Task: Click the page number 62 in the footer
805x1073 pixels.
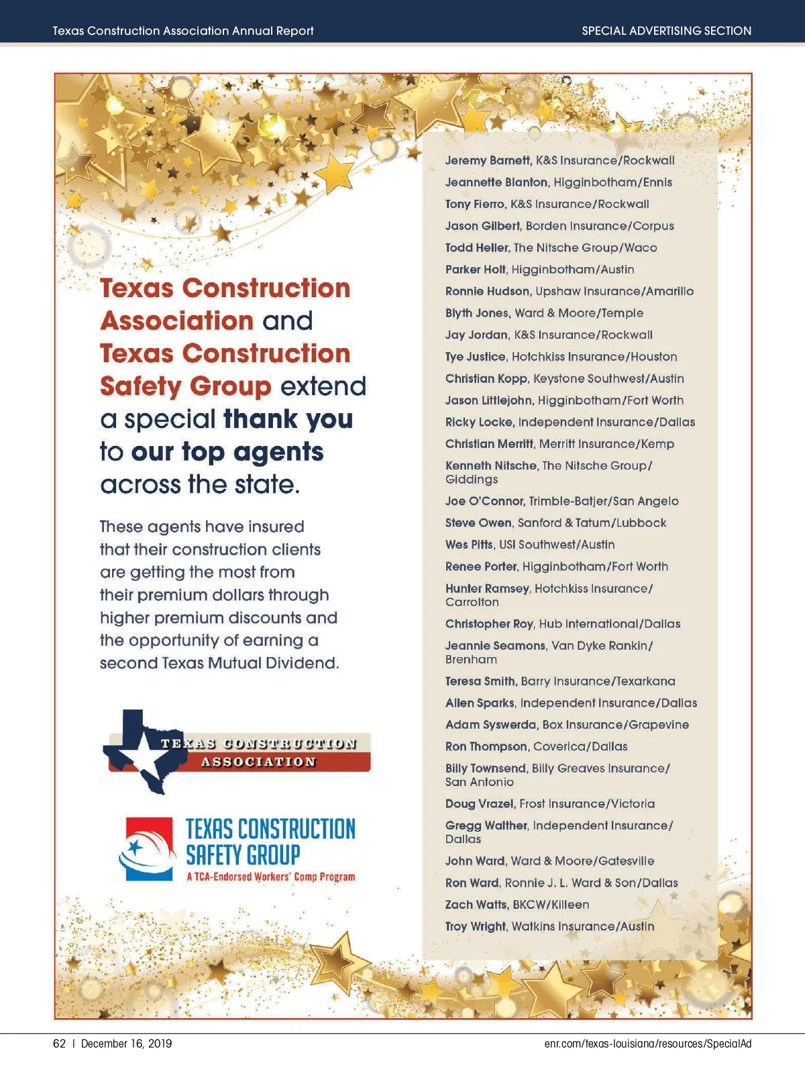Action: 59,1043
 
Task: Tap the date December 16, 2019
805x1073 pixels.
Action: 126,1043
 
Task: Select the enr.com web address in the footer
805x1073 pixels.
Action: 647,1043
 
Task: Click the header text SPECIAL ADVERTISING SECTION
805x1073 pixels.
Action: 666,31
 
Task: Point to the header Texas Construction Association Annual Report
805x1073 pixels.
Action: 183,31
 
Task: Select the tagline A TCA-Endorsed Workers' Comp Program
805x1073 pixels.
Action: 271,877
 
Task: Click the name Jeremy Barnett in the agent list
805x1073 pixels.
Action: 488,160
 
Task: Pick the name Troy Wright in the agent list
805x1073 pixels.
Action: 476,926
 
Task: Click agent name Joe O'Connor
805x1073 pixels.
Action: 485,501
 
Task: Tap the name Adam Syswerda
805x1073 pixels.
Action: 490,725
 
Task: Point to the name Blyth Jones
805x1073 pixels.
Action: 477,313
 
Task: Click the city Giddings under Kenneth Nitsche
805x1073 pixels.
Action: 472,479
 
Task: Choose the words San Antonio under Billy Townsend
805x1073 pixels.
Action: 480,782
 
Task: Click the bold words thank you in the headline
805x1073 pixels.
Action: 288,419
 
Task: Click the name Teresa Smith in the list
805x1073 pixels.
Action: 480,681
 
